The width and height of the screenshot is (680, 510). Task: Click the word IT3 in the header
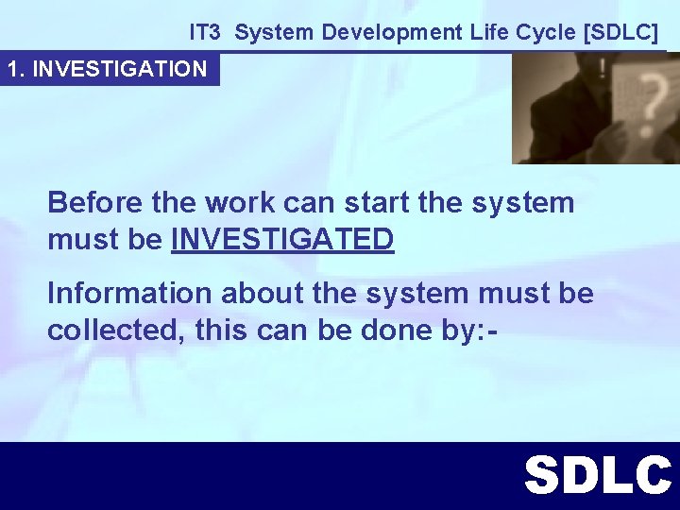(x=204, y=32)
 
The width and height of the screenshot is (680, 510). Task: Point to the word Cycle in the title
(x=545, y=32)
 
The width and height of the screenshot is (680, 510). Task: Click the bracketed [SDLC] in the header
(x=620, y=32)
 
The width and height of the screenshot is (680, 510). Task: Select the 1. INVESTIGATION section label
(x=108, y=69)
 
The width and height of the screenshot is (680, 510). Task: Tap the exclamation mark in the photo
(x=602, y=68)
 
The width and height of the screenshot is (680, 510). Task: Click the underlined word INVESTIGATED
(x=282, y=240)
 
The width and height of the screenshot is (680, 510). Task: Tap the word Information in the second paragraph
(x=129, y=294)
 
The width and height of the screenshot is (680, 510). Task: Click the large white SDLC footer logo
(x=597, y=475)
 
